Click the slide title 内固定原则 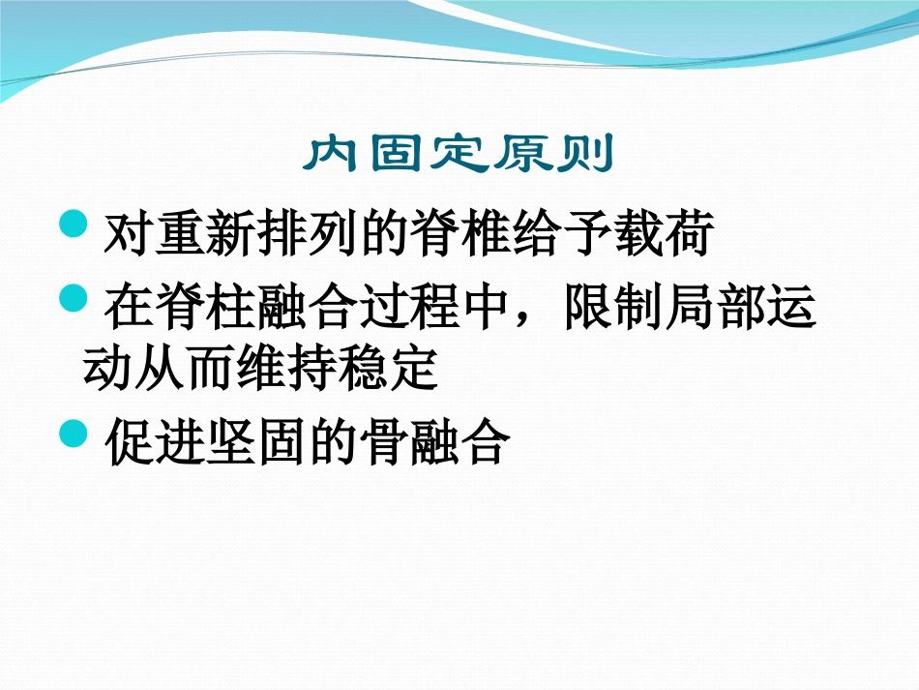pyautogui.click(x=459, y=155)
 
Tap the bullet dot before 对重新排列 pyautogui.click(x=74, y=225)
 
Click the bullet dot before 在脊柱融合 pyautogui.click(x=74, y=298)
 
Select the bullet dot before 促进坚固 pyautogui.click(x=74, y=433)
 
